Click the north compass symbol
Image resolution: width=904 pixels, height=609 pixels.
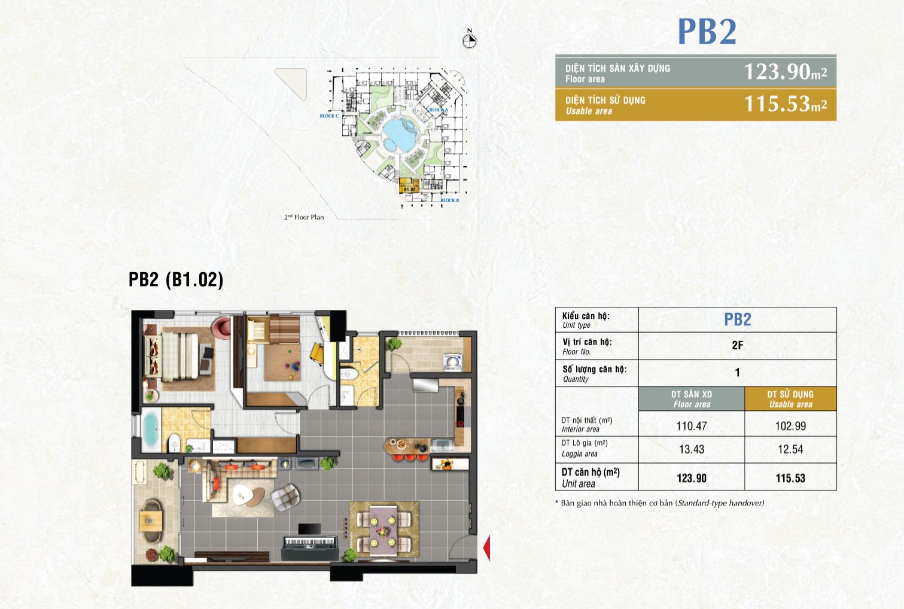[x=470, y=40]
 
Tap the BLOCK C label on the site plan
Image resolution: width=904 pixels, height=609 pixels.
[x=329, y=116]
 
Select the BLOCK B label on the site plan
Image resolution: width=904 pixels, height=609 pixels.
[x=450, y=200]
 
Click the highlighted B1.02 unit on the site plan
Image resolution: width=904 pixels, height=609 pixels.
[x=409, y=186]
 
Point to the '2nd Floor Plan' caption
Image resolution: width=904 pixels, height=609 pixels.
[x=304, y=217]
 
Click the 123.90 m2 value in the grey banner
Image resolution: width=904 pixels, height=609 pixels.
[x=785, y=72]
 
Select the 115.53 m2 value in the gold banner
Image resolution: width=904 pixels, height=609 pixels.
[x=785, y=104]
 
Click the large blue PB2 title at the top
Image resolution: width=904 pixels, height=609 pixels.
[x=707, y=32]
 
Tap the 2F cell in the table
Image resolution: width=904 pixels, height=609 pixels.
[x=737, y=345]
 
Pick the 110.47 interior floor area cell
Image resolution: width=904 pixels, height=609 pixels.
[x=692, y=426]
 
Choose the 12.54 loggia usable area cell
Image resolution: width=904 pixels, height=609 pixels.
[x=790, y=449]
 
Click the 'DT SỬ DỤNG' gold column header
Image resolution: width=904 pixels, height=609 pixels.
[x=790, y=399]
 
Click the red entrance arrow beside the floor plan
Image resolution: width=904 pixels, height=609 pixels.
[x=486, y=547]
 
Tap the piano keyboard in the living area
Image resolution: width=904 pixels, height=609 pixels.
[x=309, y=541]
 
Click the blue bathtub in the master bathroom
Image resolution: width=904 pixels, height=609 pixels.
[x=150, y=430]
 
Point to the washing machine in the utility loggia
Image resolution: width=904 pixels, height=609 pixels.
[x=452, y=361]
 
